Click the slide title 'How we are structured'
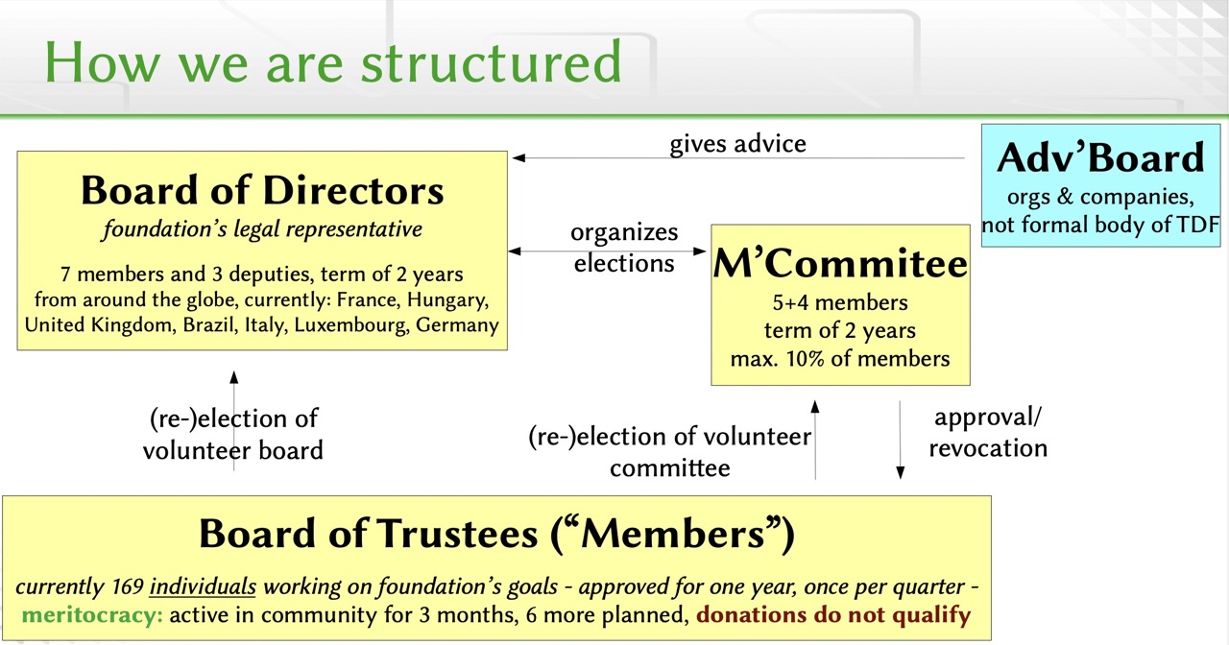(333, 61)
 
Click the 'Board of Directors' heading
(262, 190)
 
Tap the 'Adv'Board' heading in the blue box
(1100, 158)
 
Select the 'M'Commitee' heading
(840, 264)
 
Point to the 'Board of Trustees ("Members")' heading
(496, 535)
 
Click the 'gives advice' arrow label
(737, 144)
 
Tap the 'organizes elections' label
(624, 248)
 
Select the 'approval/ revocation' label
(987, 433)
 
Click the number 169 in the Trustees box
(125, 587)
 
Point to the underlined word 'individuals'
(204, 587)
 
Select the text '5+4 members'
(840, 303)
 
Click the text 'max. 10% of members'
(840, 359)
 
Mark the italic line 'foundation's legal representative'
(262, 229)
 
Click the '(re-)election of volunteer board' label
(232, 434)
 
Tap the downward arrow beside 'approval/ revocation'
(900, 440)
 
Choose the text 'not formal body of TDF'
(1100, 226)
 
